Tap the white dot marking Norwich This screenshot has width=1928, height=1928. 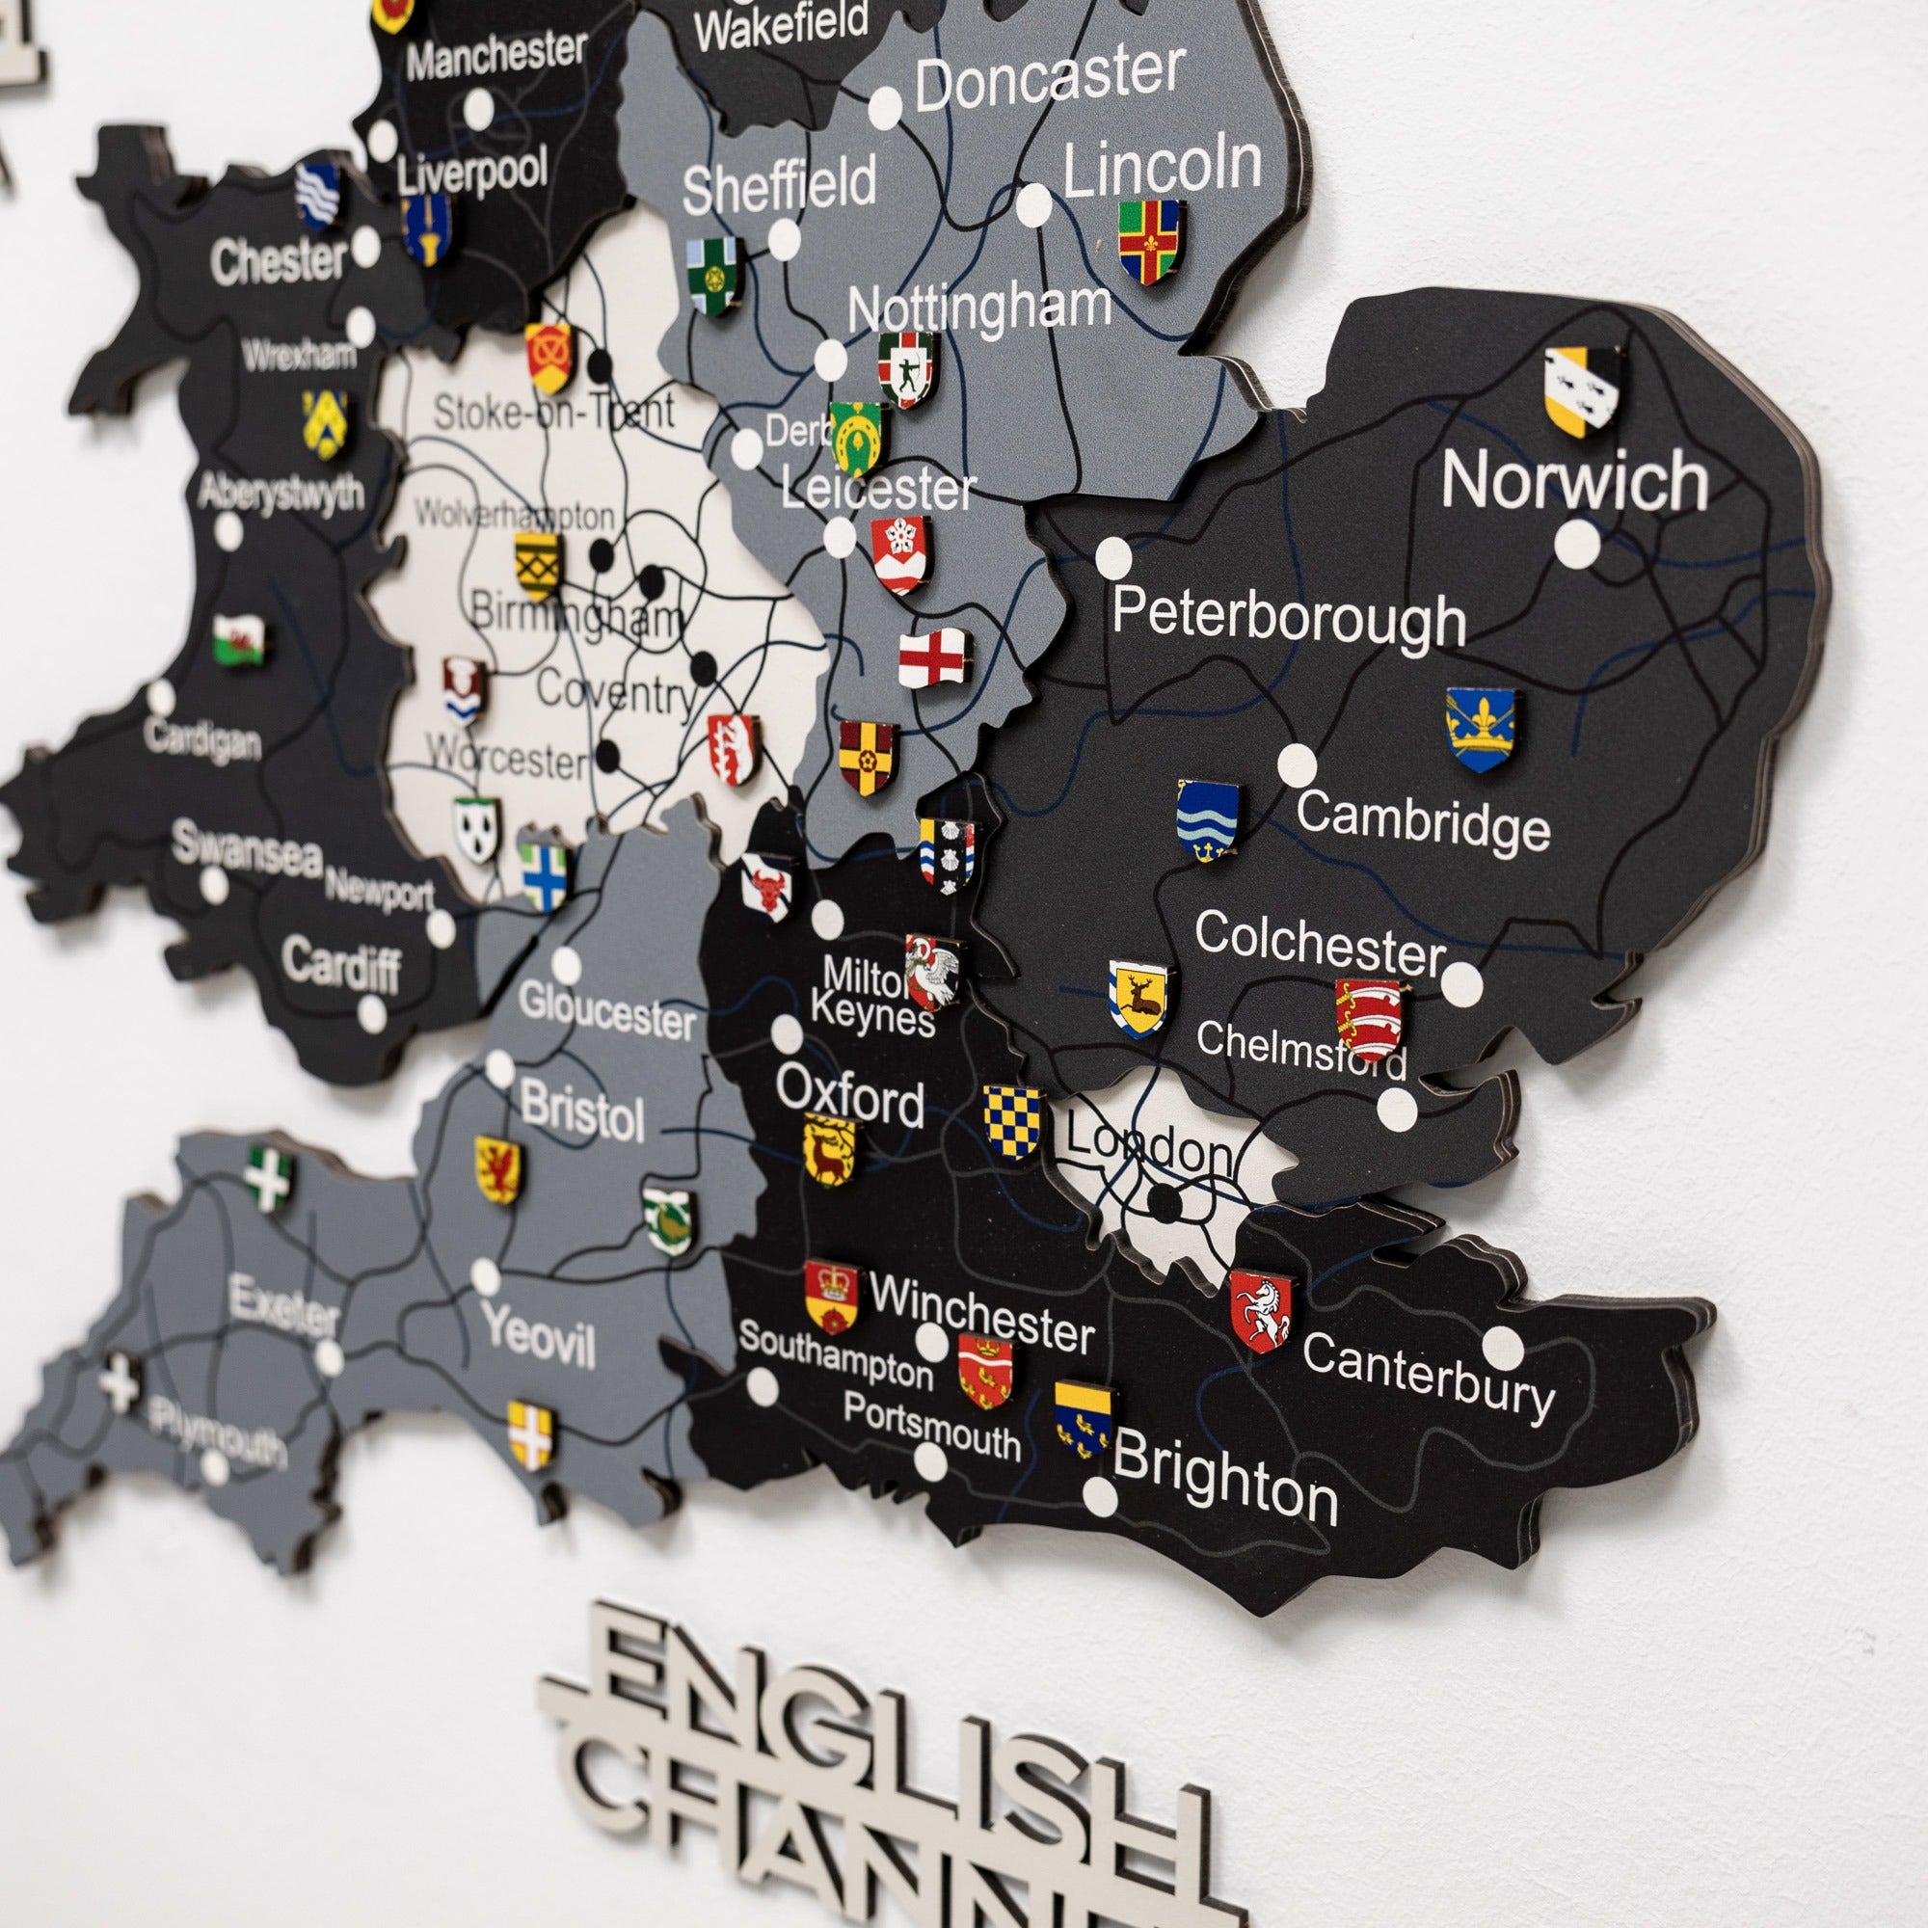1577,545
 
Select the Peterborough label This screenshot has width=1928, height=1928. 1288,618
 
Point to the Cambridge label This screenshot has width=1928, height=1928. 1423,820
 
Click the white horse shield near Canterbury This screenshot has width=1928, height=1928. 1261,1310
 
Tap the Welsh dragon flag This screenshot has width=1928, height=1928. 239,640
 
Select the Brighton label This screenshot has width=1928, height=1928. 1224,1486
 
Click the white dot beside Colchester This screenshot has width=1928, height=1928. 1461,982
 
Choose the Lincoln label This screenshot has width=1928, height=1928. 1162,167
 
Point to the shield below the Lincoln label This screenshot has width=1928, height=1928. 1149,242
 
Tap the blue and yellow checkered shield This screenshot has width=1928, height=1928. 1011,1122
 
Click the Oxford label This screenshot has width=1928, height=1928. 850,1097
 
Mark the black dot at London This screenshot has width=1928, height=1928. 1164,1203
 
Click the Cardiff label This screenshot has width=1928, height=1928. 341,964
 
